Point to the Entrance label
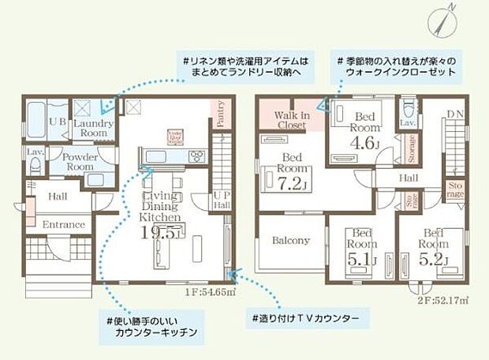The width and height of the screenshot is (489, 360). pos(64,224)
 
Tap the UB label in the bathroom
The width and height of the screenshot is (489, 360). pos(58,122)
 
